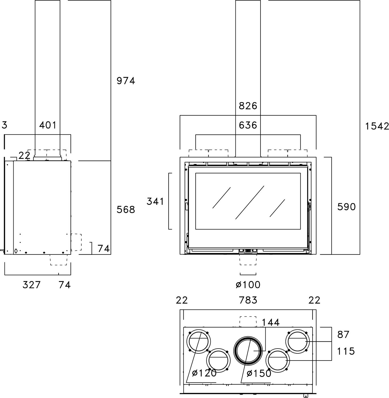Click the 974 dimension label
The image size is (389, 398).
pos(126,81)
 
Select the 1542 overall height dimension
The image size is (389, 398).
pos(377,126)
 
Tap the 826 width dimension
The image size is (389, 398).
pos(248,106)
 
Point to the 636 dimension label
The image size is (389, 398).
pos(248,125)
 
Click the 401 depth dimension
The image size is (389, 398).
pos(48,125)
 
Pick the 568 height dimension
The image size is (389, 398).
pos(126,210)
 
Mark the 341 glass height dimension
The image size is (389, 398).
pos(155,202)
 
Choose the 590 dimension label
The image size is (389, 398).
pos(346,207)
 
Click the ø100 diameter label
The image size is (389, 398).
pos(248,285)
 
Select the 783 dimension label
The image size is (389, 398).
pos(248,300)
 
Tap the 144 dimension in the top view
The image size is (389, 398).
pos(271,322)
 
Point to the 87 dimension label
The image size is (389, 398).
pos(343,335)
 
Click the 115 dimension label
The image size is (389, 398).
pos(346,351)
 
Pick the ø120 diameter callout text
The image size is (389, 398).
pos(204,373)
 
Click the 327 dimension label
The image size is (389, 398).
pos(32,285)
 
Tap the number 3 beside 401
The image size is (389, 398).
pos(4,125)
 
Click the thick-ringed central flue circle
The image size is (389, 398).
pos(248,351)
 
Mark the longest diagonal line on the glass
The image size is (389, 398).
pos(250,202)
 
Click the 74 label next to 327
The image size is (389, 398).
pos(65,285)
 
